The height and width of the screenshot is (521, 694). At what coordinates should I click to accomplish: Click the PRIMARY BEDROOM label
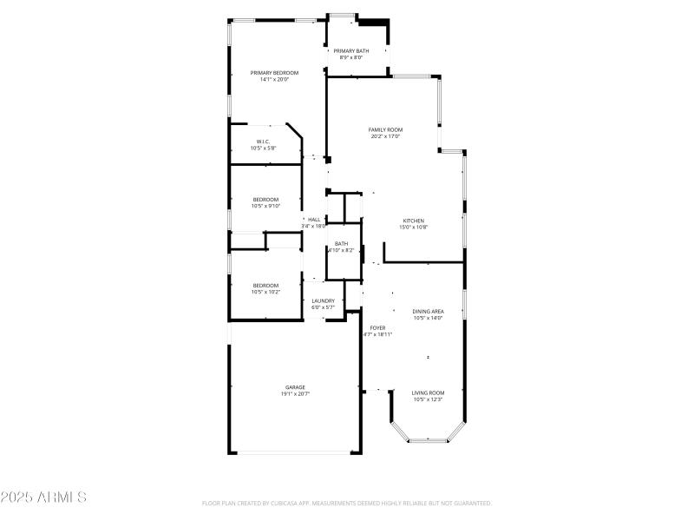click(274, 73)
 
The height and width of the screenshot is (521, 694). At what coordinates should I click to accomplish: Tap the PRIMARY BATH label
click(351, 51)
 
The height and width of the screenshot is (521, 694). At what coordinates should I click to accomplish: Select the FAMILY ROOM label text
click(385, 129)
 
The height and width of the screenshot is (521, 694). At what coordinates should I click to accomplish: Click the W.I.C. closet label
click(263, 142)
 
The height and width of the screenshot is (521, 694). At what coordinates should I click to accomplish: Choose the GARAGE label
click(295, 387)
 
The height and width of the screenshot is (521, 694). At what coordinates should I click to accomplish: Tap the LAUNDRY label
click(323, 301)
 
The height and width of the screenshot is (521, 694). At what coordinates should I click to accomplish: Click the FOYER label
click(377, 327)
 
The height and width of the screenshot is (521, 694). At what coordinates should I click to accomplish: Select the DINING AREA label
click(428, 311)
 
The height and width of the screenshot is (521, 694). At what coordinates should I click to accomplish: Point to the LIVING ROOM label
click(428, 392)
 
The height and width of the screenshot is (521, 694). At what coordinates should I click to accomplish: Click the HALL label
click(314, 220)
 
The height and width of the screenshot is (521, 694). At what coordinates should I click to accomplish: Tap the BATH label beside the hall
click(342, 244)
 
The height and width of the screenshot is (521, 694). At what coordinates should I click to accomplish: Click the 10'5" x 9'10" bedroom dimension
click(265, 206)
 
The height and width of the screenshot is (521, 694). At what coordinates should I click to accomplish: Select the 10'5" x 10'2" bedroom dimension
click(265, 292)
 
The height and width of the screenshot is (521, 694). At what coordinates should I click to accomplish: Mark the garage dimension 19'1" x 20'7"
click(295, 394)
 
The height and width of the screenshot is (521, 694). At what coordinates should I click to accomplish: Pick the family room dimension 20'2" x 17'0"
click(385, 136)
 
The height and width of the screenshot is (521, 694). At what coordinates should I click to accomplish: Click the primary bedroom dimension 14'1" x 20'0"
click(274, 80)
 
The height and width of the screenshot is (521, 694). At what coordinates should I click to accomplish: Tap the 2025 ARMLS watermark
click(43, 498)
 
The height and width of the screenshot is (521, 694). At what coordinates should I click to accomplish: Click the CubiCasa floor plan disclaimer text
click(347, 503)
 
